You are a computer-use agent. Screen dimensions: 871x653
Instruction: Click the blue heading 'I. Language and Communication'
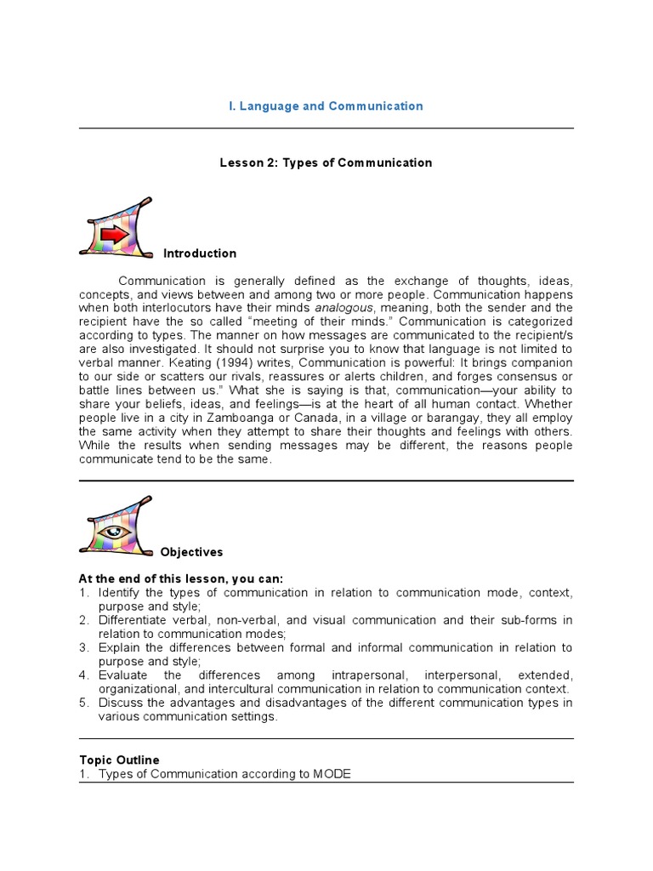[x=326, y=106]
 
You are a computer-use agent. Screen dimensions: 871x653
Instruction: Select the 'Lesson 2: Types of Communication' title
[x=326, y=162]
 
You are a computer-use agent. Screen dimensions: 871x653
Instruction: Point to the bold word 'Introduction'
[x=200, y=253]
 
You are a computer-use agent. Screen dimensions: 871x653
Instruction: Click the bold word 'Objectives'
[x=192, y=552]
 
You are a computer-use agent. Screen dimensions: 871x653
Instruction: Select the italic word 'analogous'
[x=342, y=307]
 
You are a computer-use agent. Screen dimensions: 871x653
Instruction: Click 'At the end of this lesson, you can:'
[x=181, y=578]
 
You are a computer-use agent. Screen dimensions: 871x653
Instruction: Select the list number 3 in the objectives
[x=84, y=648]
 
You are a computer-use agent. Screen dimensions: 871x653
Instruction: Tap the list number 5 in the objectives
[x=84, y=703]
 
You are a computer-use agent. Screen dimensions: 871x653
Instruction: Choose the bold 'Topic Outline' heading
[x=119, y=760]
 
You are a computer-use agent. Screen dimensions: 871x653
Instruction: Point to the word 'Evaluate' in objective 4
[x=122, y=675]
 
